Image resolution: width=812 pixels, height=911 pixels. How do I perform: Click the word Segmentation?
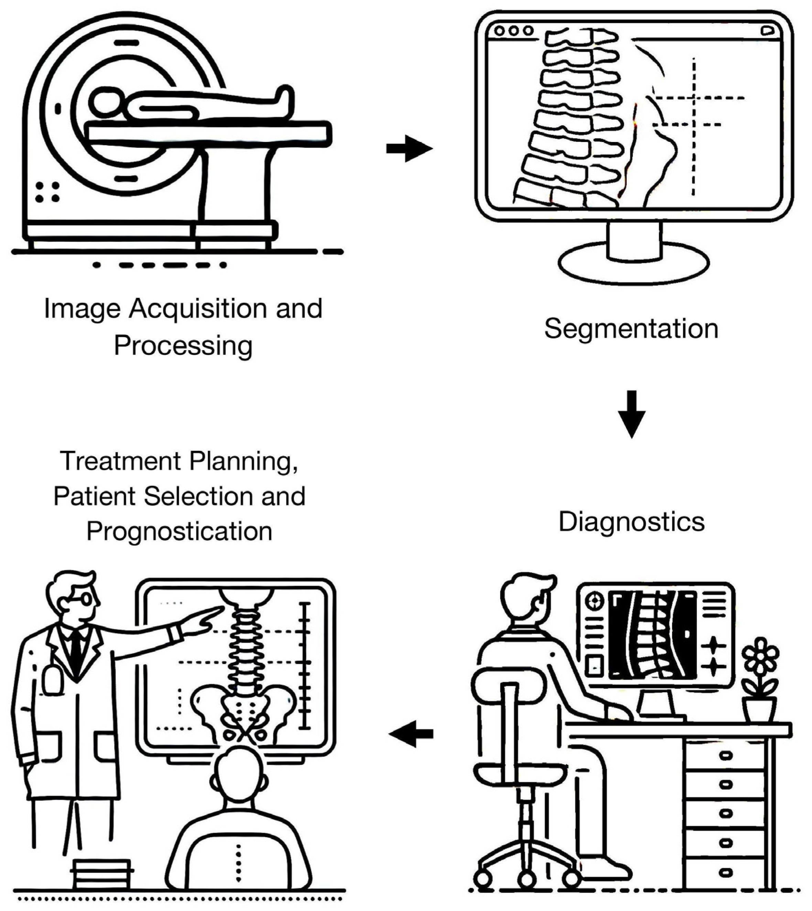[x=631, y=329]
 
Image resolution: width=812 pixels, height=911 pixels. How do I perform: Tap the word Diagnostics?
[x=631, y=521]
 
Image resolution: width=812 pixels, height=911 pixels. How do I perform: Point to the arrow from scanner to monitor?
[x=409, y=148]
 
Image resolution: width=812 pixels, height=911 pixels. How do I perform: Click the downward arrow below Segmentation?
[x=631, y=414]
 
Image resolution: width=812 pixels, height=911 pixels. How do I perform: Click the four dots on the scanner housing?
[x=47, y=192]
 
